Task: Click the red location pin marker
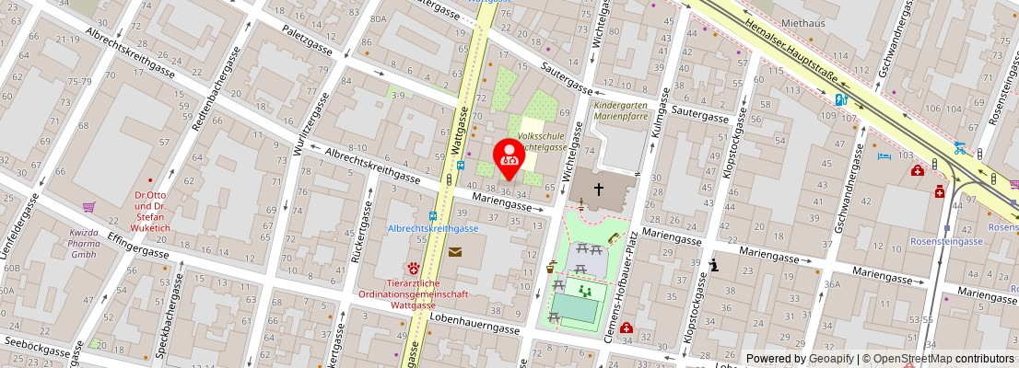(x=509, y=158)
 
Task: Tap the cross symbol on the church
(x=599, y=190)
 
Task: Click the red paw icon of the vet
(x=415, y=267)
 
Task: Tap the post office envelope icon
(x=455, y=251)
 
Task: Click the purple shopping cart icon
(x=89, y=207)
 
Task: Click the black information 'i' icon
(x=715, y=266)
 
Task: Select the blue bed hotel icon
(x=885, y=156)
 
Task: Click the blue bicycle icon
(x=960, y=146)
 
